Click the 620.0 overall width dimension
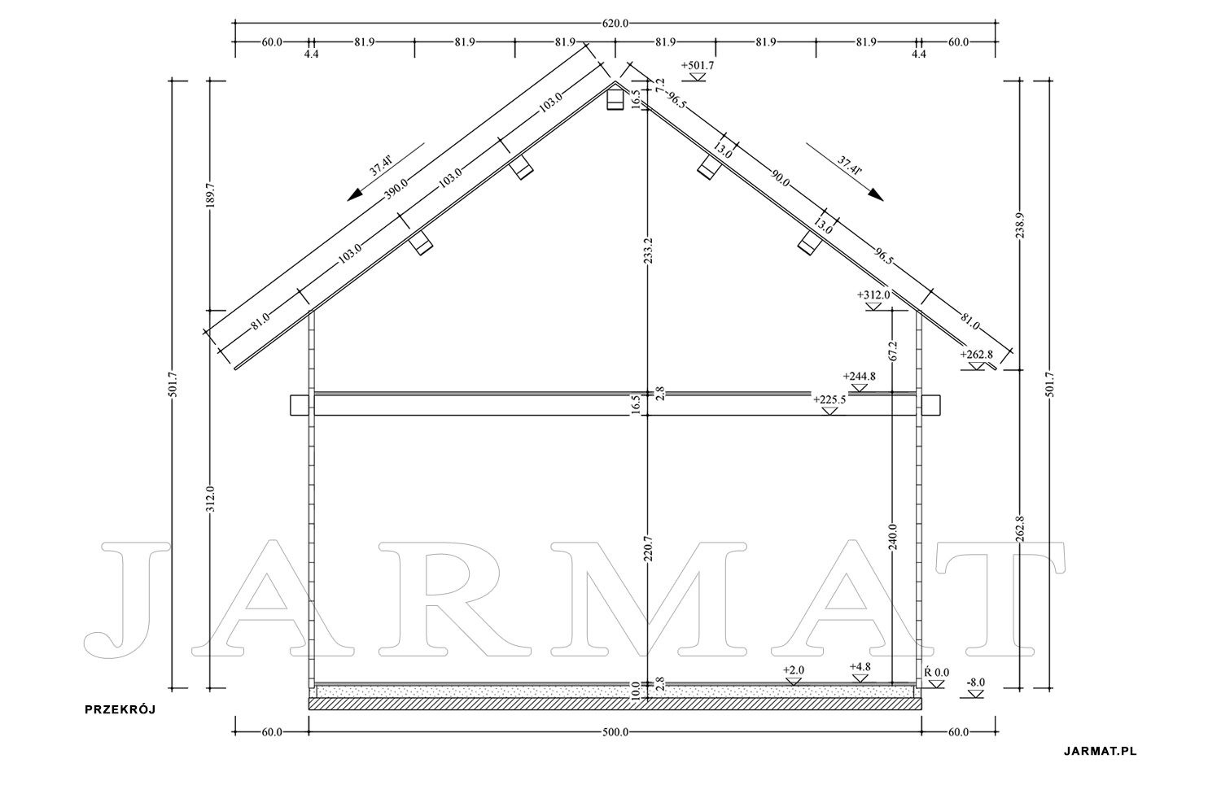pos(615,24)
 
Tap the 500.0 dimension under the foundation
pos(615,732)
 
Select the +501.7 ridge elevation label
pos(697,66)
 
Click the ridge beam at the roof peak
pos(615,98)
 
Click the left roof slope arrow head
pos(355,194)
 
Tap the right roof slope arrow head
pos(876,194)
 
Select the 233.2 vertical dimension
pos(649,250)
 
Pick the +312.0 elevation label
pos(873,294)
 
